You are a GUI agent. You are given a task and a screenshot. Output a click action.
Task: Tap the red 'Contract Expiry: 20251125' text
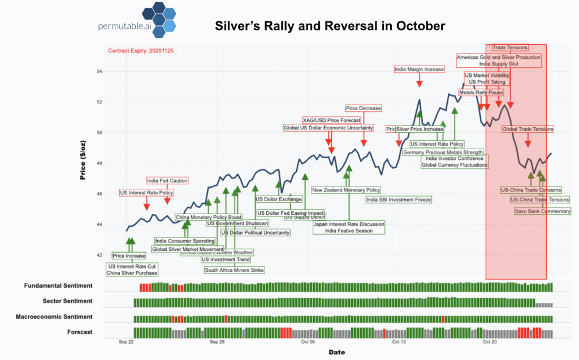click(x=141, y=51)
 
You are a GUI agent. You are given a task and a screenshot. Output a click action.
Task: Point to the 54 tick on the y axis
click(x=100, y=72)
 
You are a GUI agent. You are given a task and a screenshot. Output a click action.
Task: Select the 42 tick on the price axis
click(x=100, y=255)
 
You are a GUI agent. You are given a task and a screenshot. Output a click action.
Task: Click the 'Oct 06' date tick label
click(x=308, y=342)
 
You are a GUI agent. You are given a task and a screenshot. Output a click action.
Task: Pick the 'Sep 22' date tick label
click(x=127, y=342)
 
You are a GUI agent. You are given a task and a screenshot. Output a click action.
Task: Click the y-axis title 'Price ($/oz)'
click(x=83, y=158)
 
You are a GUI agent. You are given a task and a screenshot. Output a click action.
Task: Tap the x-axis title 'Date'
click(x=336, y=352)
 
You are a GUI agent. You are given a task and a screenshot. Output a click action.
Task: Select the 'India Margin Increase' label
click(x=419, y=70)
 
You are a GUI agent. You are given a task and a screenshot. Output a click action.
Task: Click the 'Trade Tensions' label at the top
click(x=510, y=48)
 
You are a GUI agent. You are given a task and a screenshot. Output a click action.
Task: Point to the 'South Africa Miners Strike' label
click(x=234, y=270)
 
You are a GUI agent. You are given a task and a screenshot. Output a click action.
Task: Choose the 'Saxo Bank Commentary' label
click(x=542, y=211)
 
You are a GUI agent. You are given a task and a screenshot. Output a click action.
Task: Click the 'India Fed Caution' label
click(x=167, y=181)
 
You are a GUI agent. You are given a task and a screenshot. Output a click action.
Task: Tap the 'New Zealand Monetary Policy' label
click(x=346, y=190)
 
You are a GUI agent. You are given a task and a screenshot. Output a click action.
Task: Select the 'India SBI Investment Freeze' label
click(x=398, y=199)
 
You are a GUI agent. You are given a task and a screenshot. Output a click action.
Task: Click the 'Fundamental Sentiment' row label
click(x=58, y=287)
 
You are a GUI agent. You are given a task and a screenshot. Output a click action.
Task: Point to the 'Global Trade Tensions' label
click(x=528, y=129)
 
